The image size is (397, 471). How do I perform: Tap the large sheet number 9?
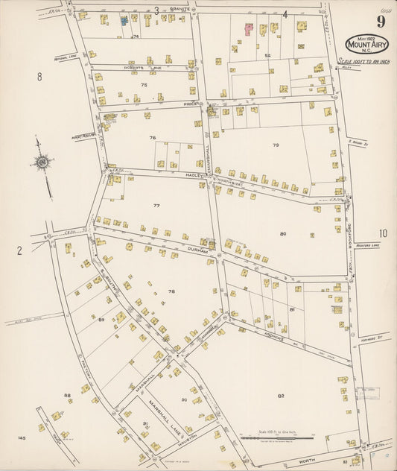tap(380, 21)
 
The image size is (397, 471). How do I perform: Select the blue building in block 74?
tap(124, 21)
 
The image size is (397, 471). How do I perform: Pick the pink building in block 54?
tap(248, 29)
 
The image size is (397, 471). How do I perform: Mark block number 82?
tap(281, 396)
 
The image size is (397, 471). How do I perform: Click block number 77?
tap(156, 205)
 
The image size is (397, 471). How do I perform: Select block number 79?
tap(276, 145)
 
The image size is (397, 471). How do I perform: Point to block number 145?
tap(22, 438)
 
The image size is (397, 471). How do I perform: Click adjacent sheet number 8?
tap(39, 76)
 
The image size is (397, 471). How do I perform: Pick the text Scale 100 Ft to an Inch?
tap(364, 61)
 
